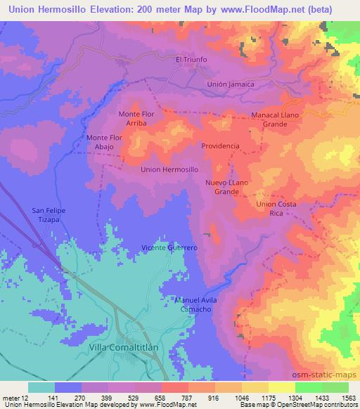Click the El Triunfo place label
[191, 60]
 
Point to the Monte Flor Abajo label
[105, 143]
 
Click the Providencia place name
[220, 146]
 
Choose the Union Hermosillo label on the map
[169, 169]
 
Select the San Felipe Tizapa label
[49, 214]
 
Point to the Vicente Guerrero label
[169, 248]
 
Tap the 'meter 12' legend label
[15, 397]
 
